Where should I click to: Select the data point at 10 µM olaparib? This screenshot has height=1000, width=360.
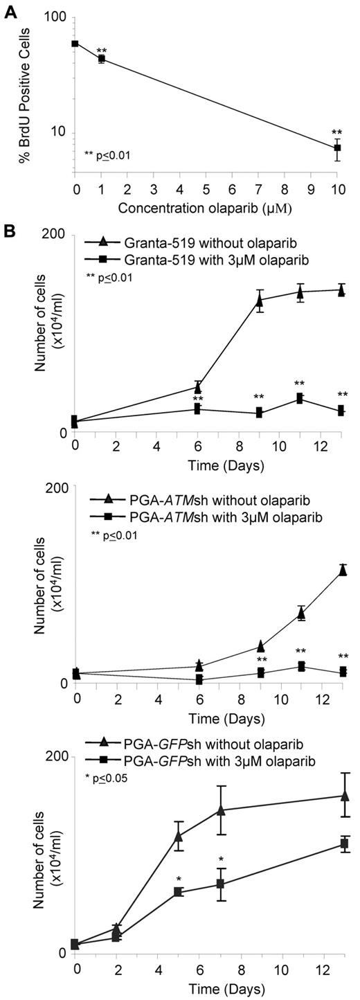coord(337,148)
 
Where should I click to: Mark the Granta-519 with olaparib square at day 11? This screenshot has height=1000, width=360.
coord(300,398)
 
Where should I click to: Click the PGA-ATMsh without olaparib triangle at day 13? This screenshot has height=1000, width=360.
coord(341,571)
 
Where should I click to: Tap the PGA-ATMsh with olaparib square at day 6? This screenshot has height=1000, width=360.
coord(199,680)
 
